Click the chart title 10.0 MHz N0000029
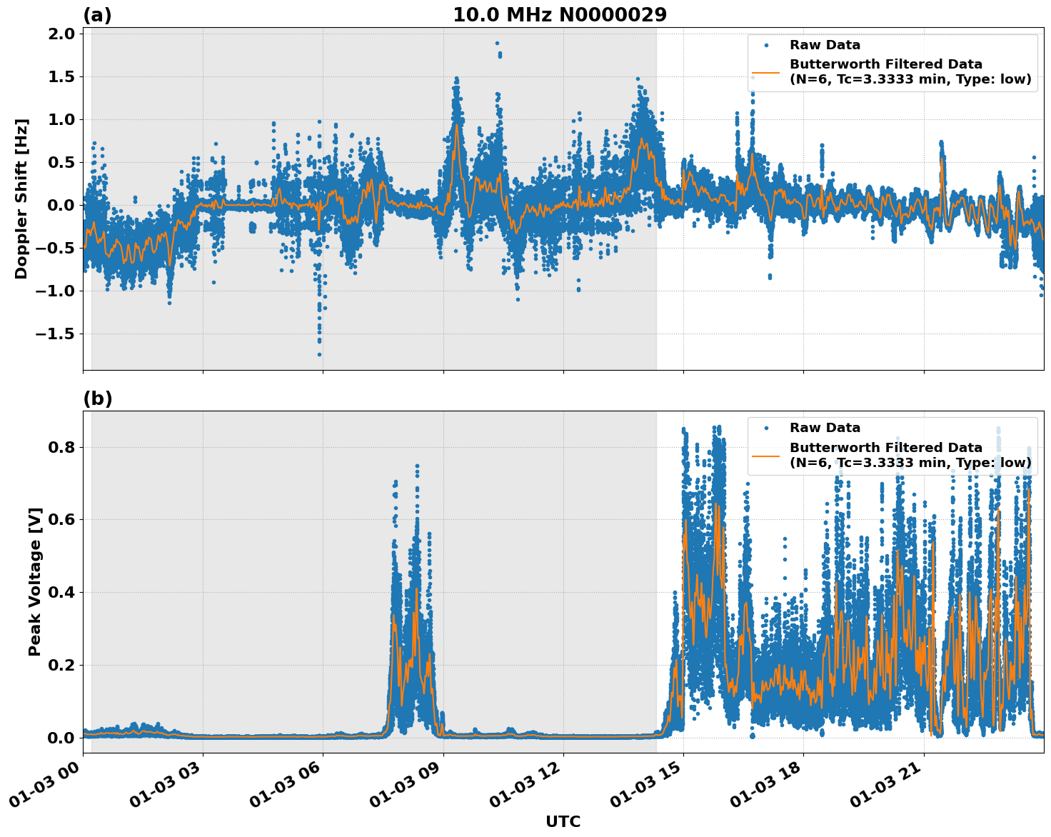pyautogui.click(x=560, y=15)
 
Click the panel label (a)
pyautogui.click(x=97, y=15)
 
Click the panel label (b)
pyautogui.click(x=97, y=399)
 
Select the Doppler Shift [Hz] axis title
pyautogui.click(x=21, y=199)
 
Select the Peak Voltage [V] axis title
pyautogui.click(x=34, y=581)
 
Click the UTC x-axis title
pyautogui.click(x=563, y=821)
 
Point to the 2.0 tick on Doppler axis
pyautogui.click(x=61, y=34)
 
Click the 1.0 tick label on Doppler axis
pyautogui.click(x=61, y=119)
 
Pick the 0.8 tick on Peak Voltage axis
pyautogui.click(x=61, y=447)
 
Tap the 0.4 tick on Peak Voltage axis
pyautogui.click(x=61, y=592)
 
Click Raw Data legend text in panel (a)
pyautogui.click(x=825, y=45)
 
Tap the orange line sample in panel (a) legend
pyautogui.click(x=765, y=72)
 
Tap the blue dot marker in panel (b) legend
pyautogui.click(x=765, y=428)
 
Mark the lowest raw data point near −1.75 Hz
pyautogui.click(x=319, y=354)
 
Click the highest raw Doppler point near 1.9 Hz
pyautogui.click(x=497, y=43)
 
